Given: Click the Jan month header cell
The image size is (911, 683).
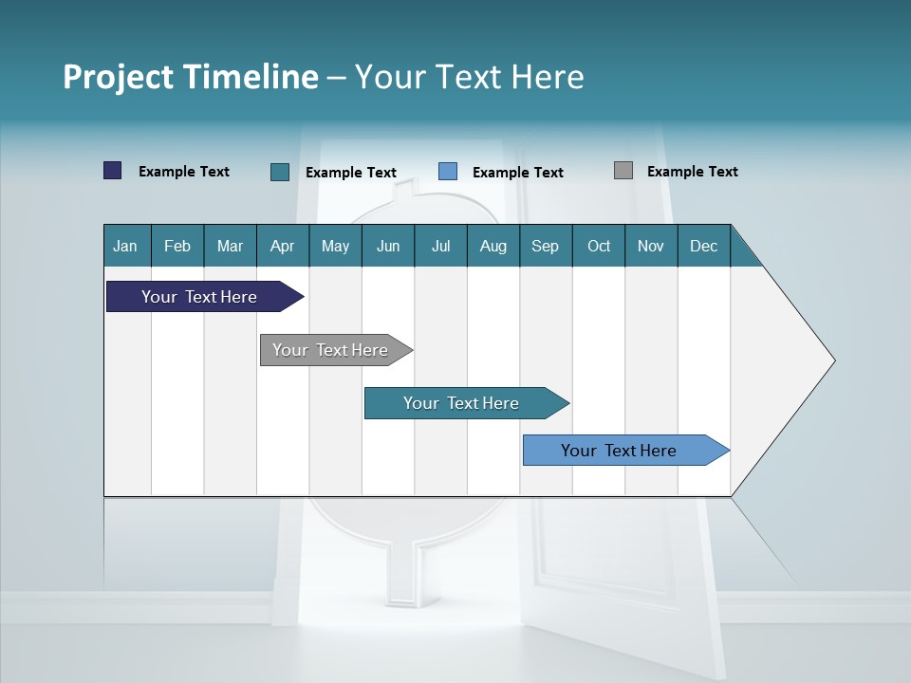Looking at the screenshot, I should pyautogui.click(x=126, y=246).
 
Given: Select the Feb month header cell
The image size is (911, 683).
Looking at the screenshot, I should pyautogui.click(x=177, y=246).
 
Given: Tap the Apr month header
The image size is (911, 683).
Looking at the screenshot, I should pyautogui.click(x=283, y=246).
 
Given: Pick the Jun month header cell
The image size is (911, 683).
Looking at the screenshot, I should pyautogui.click(x=388, y=246).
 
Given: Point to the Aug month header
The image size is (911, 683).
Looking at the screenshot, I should pyautogui.click(x=493, y=246).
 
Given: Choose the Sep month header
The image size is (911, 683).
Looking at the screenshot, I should pyautogui.click(x=546, y=246).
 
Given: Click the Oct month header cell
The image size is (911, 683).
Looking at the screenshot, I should pyautogui.click(x=599, y=246).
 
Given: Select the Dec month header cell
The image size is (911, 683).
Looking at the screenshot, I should pyautogui.click(x=704, y=246).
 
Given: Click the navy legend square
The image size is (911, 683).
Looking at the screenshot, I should pyautogui.click(x=113, y=171).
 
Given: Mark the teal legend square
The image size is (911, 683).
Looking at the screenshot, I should pyautogui.click(x=280, y=172).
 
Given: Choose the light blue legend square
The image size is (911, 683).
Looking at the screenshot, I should pyautogui.click(x=448, y=172).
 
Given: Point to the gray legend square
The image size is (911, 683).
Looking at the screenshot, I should pyautogui.click(x=623, y=171).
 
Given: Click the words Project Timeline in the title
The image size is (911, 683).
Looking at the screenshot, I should pyautogui.click(x=191, y=77).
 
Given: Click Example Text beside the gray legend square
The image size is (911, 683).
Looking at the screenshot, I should pyautogui.click(x=692, y=172).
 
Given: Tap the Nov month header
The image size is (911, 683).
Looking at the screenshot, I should pyautogui.click(x=651, y=246).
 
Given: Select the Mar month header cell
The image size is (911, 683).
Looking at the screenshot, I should pyautogui.click(x=230, y=246).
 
